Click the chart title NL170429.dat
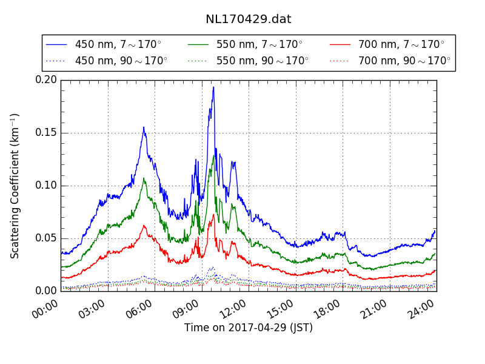click(248, 19)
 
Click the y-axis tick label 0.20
click(46, 80)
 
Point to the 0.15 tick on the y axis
click(46, 133)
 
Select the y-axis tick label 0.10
click(46, 186)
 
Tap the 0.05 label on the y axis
click(46, 238)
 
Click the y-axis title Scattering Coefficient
click(15, 186)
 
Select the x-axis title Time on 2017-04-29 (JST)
click(249, 328)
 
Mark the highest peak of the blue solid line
click(213, 87)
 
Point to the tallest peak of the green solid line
click(214, 155)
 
